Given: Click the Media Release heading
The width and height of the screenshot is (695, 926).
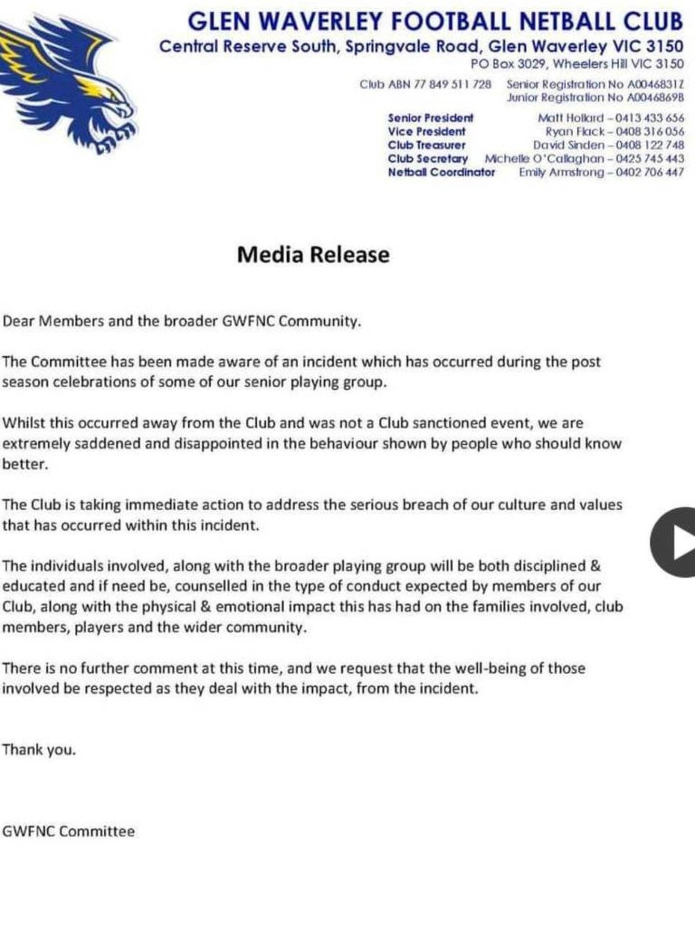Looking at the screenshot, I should pyautogui.click(x=313, y=255).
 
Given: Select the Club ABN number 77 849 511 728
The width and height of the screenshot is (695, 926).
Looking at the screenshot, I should pyautogui.click(x=452, y=84).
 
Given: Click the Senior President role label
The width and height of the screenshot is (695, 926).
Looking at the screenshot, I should pyautogui.click(x=431, y=118).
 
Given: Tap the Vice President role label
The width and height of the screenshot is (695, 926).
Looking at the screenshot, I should pyautogui.click(x=427, y=132).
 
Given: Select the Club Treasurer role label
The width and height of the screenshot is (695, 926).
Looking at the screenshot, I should pyautogui.click(x=427, y=145).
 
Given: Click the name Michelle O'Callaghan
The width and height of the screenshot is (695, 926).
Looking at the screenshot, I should pyautogui.click(x=544, y=159).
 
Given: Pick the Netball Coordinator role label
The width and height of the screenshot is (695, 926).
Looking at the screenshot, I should pyautogui.click(x=441, y=172).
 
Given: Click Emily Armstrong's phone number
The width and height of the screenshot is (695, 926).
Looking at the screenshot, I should pyautogui.click(x=650, y=172).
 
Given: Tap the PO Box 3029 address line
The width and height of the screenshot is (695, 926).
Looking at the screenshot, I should pyautogui.click(x=577, y=64).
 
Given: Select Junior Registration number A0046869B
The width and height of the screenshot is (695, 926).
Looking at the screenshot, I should pyautogui.click(x=655, y=97).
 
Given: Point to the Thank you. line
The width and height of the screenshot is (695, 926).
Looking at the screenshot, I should pyautogui.click(x=39, y=750).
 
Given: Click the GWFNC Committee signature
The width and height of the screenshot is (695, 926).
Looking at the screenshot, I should pyautogui.click(x=69, y=831).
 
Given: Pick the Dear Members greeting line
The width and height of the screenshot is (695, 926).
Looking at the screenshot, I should pyautogui.click(x=181, y=321).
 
